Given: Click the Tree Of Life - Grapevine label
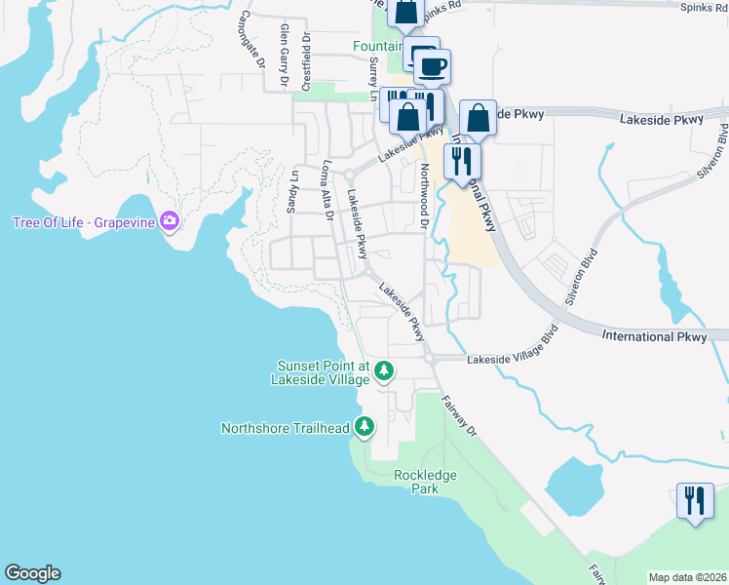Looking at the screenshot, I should [84, 221].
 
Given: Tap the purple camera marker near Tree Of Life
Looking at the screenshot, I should [170, 221].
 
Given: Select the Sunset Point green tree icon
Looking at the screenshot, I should [384, 370].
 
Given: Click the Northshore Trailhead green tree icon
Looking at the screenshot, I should [364, 426].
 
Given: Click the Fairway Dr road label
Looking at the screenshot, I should [459, 416].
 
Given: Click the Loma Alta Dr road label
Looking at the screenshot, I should [327, 191].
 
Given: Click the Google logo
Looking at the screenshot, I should [32, 573].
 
